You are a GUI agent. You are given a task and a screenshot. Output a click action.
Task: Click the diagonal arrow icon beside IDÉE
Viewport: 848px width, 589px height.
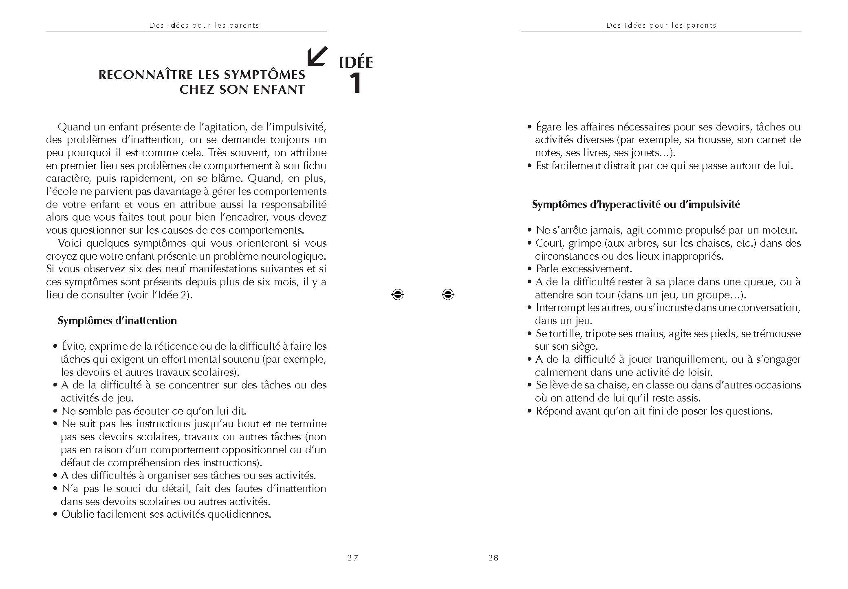[x=317, y=56]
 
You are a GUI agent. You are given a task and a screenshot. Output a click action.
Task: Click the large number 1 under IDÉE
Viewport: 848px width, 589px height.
[x=355, y=83]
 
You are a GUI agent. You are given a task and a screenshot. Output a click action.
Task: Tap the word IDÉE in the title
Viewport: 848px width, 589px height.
[x=356, y=62]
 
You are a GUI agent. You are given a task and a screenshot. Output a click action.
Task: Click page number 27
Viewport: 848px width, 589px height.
[x=353, y=558]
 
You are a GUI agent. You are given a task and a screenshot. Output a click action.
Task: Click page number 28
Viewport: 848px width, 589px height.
[x=493, y=558]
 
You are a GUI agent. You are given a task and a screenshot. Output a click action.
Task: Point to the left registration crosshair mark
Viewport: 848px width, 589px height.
[x=398, y=294]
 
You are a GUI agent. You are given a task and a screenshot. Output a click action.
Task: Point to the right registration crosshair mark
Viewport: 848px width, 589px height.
[x=447, y=294]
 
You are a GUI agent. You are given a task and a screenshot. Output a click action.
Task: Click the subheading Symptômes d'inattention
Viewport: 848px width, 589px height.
[x=117, y=320]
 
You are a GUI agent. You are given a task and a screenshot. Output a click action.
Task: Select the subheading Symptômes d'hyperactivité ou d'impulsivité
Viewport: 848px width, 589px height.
[x=636, y=204]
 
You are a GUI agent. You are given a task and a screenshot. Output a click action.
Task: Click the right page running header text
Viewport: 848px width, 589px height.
[x=661, y=25]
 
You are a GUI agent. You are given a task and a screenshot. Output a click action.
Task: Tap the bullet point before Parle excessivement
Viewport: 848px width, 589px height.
[x=529, y=269]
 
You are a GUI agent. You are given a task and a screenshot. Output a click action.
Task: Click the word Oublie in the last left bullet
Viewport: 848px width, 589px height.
[x=75, y=514]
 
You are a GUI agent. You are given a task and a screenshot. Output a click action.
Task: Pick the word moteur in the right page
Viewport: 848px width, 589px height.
[x=780, y=230]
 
